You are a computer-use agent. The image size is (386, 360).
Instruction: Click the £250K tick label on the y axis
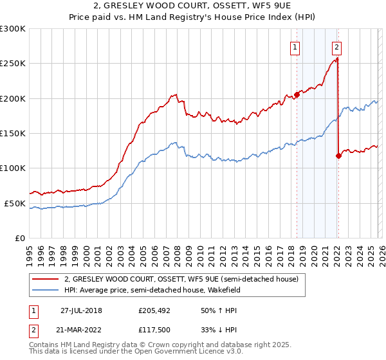pyautogui.click(x=13, y=64)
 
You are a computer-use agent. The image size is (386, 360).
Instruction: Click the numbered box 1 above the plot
pyautogui.click(x=295, y=46)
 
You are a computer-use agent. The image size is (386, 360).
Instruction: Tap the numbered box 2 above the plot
pyautogui.click(x=337, y=46)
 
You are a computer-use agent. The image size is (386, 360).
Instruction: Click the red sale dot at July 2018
pyautogui.click(x=297, y=94)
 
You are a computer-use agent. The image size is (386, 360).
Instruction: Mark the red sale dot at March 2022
pyautogui.click(x=338, y=155)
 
